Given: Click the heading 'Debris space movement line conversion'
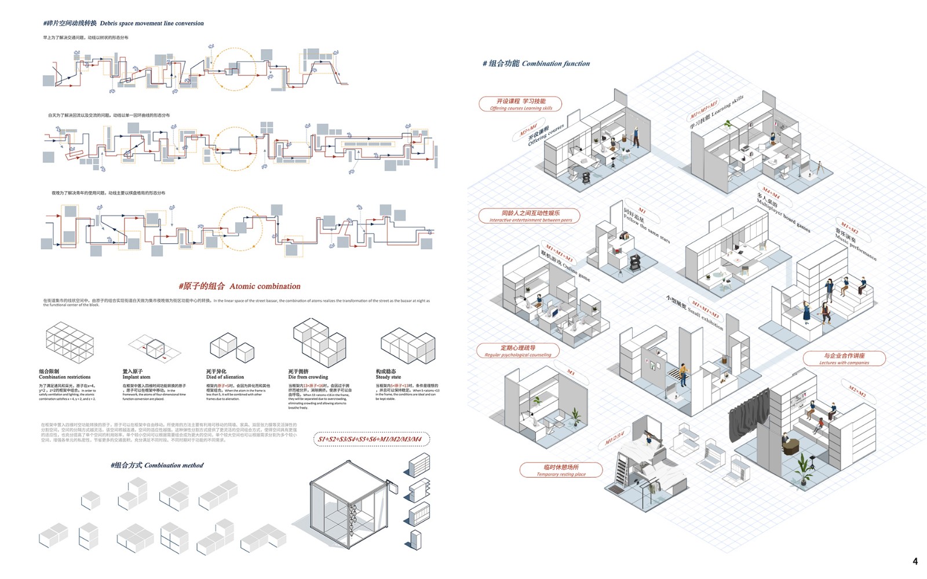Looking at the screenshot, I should pos(152,23).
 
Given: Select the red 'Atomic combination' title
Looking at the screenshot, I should pos(265,286).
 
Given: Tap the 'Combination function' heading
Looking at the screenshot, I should pos(556,64).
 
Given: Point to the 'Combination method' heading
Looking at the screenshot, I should pos(174,465).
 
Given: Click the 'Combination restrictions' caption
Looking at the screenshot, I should pos(64,377).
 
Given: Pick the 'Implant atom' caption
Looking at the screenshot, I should pos(136,377).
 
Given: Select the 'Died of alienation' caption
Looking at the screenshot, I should pos(225,377).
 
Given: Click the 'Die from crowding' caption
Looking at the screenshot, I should pos(308,377).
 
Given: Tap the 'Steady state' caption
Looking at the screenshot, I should pos(388,377).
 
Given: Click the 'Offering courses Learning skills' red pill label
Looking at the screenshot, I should pos(520,104).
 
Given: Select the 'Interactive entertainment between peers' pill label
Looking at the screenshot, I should pos(530,216).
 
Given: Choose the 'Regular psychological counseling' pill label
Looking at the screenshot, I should pos(517,351).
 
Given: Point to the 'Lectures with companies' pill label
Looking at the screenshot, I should pos(844,359).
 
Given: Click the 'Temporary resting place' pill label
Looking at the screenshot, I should pos(560,470).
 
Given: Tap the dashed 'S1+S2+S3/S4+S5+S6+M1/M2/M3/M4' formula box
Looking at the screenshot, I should pos(371,439).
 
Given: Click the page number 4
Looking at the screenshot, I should pos(915,561).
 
